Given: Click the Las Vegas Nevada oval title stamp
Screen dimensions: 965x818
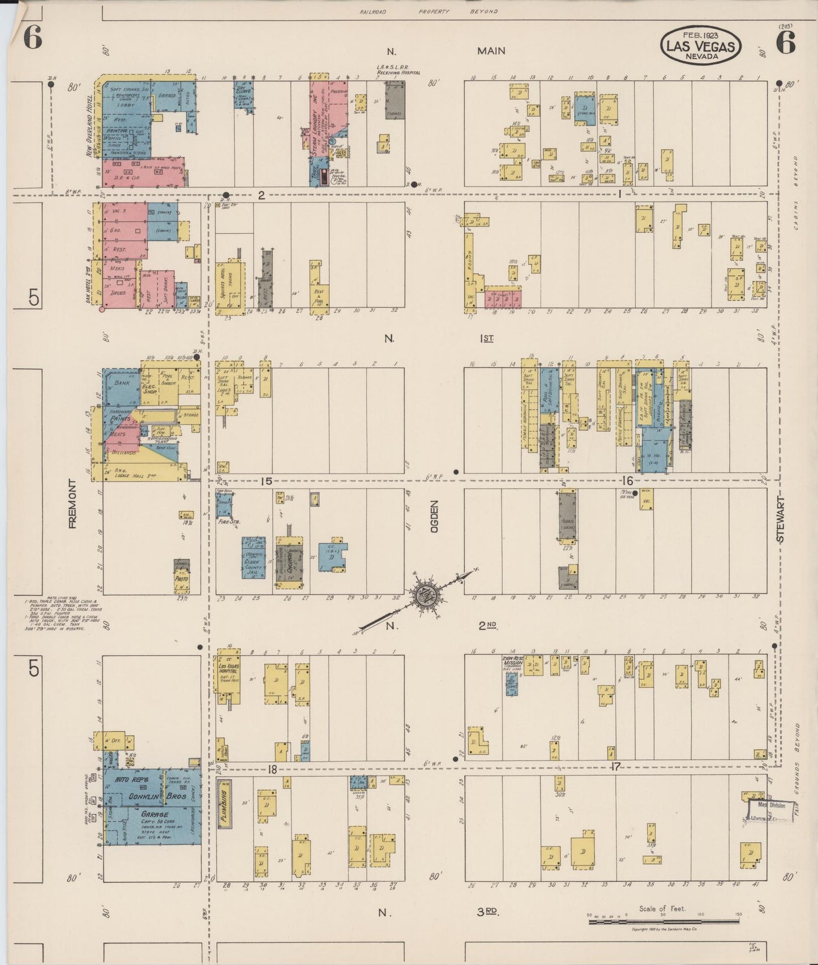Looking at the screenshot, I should tap(700, 46).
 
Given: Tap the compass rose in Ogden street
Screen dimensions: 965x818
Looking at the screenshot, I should tap(423, 595).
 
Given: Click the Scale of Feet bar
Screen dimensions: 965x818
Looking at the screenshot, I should tap(663, 921).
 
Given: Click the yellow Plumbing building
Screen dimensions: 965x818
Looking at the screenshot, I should tap(223, 804).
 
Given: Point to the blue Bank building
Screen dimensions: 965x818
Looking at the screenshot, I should tap(121, 386).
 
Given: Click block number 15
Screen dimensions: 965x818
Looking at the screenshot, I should tap(266, 481).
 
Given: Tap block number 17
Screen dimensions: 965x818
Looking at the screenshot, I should tap(615, 767).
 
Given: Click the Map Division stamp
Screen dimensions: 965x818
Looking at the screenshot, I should tap(771, 805).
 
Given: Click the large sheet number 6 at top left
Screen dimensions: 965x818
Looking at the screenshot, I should tap(33, 40).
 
